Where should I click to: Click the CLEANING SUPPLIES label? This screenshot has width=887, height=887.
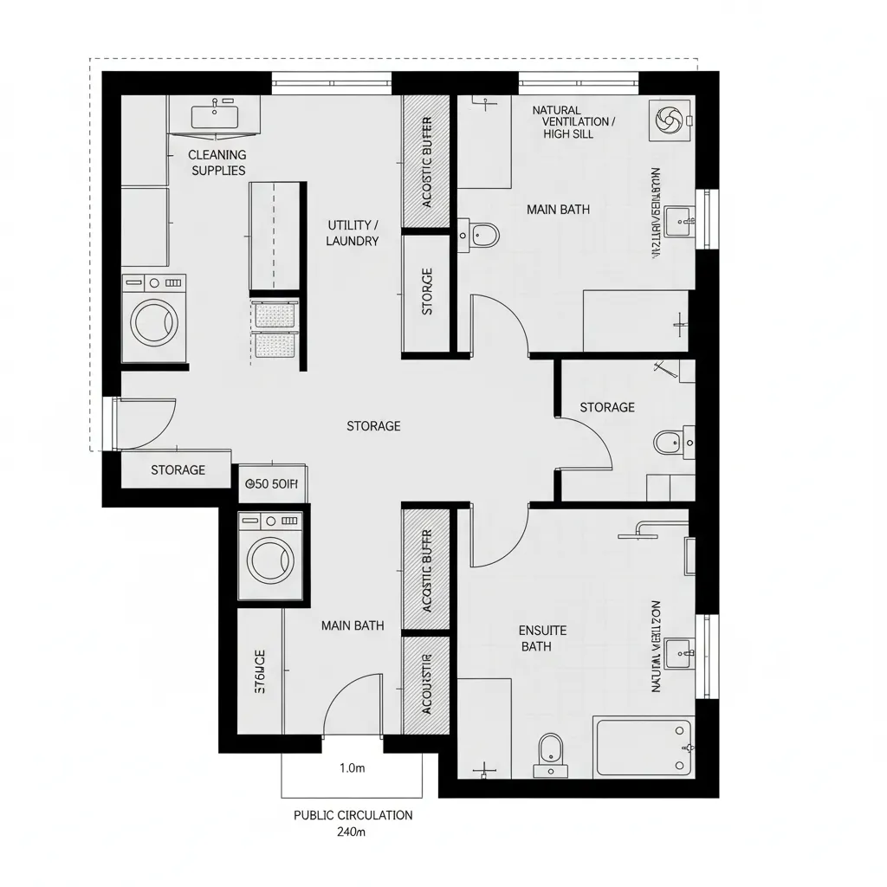(x=217, y=163)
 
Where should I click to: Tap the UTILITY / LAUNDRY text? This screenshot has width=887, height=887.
(x=353, y=233)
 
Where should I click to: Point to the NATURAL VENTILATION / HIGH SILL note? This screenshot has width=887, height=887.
(x=573, y=122)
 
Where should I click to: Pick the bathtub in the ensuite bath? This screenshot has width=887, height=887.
(x=643, y=747)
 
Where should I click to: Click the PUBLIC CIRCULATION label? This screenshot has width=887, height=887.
(x=353, y=815)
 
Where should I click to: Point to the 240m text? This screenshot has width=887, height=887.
(x=352, y=832)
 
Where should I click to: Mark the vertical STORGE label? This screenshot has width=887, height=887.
(x=426, y=291)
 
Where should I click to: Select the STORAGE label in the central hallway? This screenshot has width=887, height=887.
(x=373, y=426)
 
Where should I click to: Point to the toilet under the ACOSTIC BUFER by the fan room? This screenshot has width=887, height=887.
(x=484, y=233)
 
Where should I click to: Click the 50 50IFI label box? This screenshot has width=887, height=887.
(x=272, y=484)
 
